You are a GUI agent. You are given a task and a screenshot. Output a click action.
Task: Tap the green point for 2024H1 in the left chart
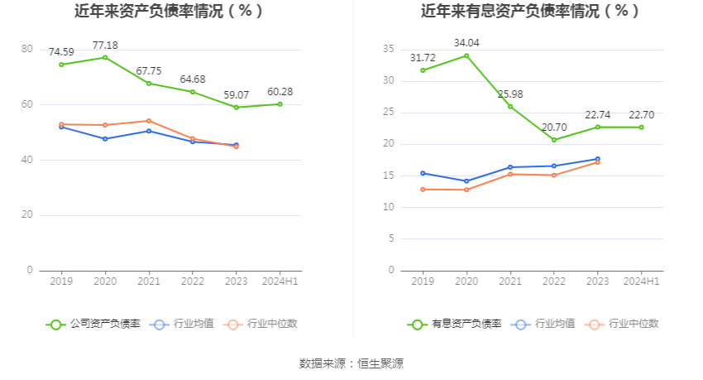[280, 103]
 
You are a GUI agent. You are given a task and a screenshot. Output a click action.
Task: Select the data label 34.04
[466, 43]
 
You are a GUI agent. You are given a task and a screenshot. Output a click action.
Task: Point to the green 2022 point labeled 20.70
[554, 140]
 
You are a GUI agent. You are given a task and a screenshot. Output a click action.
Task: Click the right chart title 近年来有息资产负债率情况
[530, 12]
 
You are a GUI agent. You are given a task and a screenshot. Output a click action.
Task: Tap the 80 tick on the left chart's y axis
[27, 50]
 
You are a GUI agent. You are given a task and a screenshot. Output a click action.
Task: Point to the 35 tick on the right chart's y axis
[388, 50]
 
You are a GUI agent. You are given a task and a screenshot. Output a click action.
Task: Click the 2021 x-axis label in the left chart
[149, 281]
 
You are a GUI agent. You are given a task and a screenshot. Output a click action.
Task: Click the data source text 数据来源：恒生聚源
[351, 363]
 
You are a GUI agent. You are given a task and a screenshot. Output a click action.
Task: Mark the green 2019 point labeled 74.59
[61, 65]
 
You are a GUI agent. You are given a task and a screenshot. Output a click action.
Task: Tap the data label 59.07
[236, 95]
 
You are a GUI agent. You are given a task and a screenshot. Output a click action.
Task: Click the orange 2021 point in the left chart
[149, 121]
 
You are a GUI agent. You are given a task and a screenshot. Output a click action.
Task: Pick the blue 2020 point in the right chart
[466, 181]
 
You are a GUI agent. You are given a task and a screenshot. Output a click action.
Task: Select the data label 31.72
[423, 58]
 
